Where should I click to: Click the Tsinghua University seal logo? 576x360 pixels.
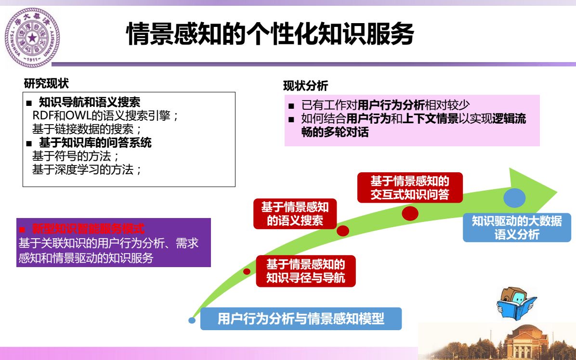[x=32, y=38]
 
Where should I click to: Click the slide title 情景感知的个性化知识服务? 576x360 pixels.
[x=270, y=34]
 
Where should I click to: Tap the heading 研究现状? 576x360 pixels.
[x=46, y=83]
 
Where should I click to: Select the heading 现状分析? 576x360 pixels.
[x=305, y=86]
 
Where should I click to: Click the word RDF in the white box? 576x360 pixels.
[x=42, y=116]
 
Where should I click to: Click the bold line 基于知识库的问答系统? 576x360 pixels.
[x=95, y=142]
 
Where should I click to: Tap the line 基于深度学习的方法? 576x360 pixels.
[x=87, y=169]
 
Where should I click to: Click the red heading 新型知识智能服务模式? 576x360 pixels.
[x=88, y=229]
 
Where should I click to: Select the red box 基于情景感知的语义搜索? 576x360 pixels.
[x=295, y=214]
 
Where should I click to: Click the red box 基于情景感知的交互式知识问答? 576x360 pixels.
[x=410, y=188]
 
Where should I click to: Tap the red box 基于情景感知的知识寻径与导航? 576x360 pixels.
[x=306, y=271]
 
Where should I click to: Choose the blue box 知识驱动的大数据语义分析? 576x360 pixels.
[x=517, y=228]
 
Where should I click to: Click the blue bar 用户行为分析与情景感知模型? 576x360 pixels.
[x=301, y=319]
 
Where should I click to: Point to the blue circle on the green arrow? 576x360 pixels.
[x=514, y=198]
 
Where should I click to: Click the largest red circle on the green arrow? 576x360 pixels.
[x=410, y=213]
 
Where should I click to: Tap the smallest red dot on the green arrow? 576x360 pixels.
[x=247, y=271]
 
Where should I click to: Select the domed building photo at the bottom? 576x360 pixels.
[x=497, y=341]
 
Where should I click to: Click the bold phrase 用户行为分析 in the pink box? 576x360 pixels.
[x=391, y=105]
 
